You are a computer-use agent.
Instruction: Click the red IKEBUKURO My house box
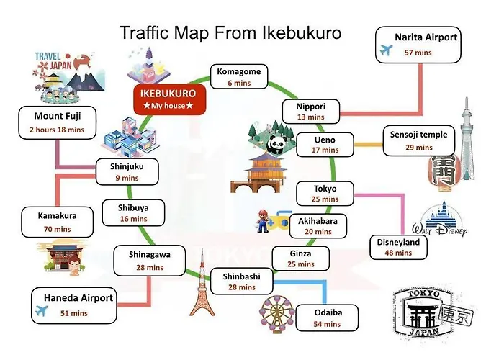point(170,99)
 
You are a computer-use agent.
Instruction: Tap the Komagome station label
point(239,71)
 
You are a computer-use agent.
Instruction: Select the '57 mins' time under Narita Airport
point(418,53)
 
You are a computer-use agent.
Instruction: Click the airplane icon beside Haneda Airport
point(42,310)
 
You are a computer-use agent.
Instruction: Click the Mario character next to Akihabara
point(263,221)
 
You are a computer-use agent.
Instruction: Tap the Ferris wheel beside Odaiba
point(276,313)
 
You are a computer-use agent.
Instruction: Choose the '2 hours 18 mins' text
point(57,130)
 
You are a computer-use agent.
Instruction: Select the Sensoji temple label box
point(419,140)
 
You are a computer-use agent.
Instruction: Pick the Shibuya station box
point(133,213)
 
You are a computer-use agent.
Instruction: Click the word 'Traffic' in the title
point(144,32)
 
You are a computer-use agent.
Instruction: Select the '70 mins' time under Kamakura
point(57,229)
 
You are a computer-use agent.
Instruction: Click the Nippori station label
point(311,107)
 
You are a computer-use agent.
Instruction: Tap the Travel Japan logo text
point(53,61)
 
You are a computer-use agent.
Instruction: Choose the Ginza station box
point(300,258)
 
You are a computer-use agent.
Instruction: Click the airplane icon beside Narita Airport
point(386,50)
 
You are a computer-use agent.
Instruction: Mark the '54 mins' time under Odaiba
point(327,324)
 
